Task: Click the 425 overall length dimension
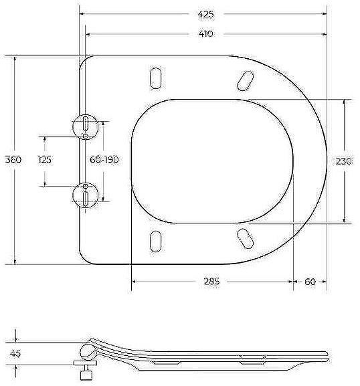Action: (x=205, y=13)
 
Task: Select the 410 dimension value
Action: (x=205, y=33)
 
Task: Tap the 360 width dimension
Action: (x=13, y=160)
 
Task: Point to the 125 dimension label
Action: (x=45, y=160)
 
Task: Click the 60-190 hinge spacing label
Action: (x=104, y=160)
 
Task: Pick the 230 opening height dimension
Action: (x=344, y=161)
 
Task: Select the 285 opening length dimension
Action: (x=211, y=282)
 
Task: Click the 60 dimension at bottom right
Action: (x=310, y=282)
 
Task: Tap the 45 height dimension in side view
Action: (x=15, y=353)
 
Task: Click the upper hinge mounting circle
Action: (x=86, y=124)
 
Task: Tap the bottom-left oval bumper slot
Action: (x=156, y=241)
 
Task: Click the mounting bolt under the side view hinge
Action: (x=86, y=369)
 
